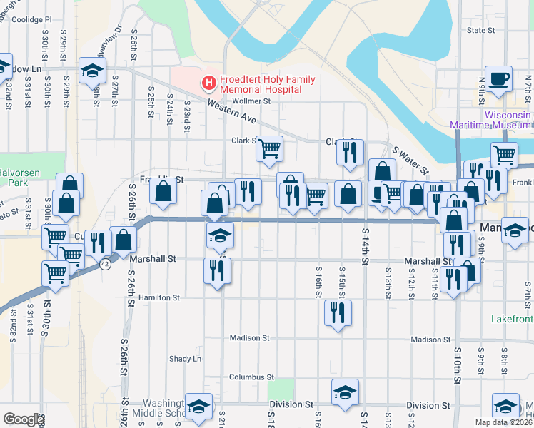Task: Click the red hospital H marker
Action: tap(208, 83)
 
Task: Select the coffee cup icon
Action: tap(500, 78)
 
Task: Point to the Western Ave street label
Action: tap(232, 110)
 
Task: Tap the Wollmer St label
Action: tap(256, 101)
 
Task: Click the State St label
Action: tap(480, 31)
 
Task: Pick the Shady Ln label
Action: tap(185, 358)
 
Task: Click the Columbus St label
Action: tap(251, 377)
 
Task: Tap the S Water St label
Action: tap(411, 160)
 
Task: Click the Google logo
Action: tap(24, 419)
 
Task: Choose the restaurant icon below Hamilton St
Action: tap(338, 312)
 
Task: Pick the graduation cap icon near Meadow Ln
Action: tap(92, 69)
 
